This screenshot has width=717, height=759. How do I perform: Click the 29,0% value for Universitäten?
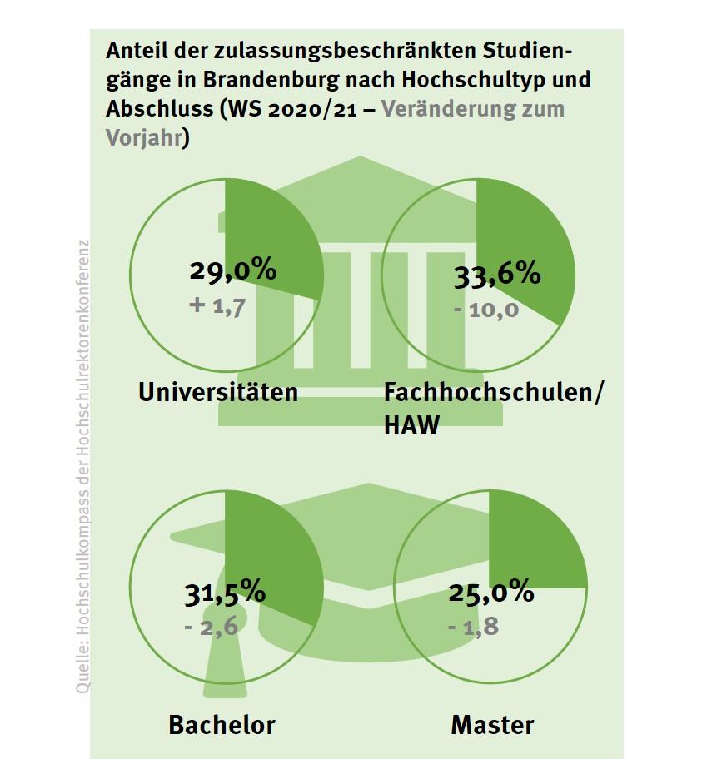click(232, 271)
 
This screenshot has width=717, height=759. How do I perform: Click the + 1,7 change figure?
click(217, 307)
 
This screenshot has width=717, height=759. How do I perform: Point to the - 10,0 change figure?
click(487, 310)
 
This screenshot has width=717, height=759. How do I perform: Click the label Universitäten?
click(218, 392)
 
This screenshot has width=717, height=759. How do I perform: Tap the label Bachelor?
click(222, 724)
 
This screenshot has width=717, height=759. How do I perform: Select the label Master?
click(492, 724)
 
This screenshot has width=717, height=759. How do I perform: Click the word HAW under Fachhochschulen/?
click(411, 426)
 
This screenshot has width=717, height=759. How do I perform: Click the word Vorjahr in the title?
click(143, 137)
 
